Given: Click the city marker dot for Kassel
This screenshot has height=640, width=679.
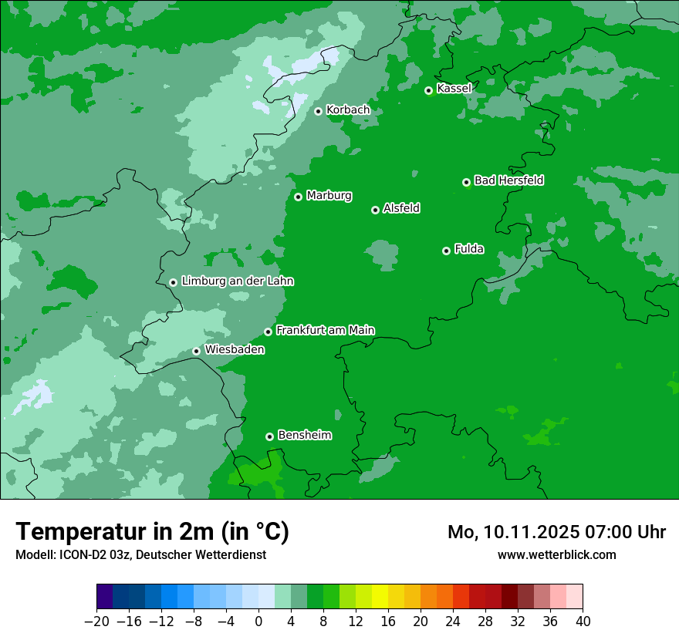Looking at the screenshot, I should pyautogui.click(x=429, y=90).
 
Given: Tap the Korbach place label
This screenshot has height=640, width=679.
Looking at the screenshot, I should pyautogui.click(x=348, y=110).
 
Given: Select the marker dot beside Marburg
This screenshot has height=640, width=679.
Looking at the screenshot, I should pyautogui.click(x=298, y=197).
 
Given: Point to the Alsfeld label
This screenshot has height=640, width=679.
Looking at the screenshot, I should pyautogui.click(x=401, y=208).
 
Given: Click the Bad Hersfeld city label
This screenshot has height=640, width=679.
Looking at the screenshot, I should pyautogui.click(x=508, y=180).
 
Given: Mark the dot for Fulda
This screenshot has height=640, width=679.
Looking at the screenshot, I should pyautogui.click(x=446, y=251).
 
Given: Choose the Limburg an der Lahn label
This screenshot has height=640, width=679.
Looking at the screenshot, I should pyautogui.click(x=237, y=281).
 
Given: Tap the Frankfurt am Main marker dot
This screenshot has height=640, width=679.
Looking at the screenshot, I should pyautogui.click(x=269, y=332).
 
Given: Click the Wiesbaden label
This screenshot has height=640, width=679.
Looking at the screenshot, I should pyautogui.click(x=235, y=349).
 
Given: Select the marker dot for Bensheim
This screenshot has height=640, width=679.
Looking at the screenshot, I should pyautogui.click(x=269, y=436).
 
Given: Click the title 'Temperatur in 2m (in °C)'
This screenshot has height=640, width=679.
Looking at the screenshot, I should pyautogui.click(x=152, y=532).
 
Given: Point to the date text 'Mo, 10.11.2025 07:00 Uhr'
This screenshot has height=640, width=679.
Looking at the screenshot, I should pyautogui.click(x=556, y=532).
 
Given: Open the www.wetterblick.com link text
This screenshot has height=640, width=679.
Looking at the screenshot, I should pyautogui.click(x=556, y=554).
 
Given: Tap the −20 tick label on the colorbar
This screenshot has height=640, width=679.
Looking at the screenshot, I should pyautogui.click(x=97, y=621).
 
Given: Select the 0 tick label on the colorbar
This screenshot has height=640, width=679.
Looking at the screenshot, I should pyautogui.click(x=258, y=621).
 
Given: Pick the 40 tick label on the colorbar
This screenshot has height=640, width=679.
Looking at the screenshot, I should pyautogui.click(x=583, y=621).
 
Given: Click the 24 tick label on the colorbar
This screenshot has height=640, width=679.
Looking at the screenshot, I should pyautogui.click(x=453, y=621).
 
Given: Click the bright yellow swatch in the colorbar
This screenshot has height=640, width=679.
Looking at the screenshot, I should pyautogui.click(x=380, y=597).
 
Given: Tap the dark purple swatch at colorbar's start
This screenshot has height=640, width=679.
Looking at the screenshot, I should pyautogui.click(x=105, y=597).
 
